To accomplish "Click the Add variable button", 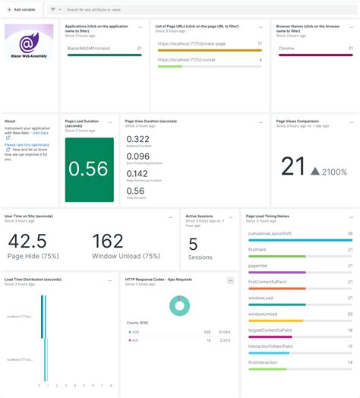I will point(22,10).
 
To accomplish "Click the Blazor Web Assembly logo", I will point(30,43).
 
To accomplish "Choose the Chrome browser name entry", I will point(286,48).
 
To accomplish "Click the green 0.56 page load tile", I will point(89,170).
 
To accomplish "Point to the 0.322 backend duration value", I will point(137,139).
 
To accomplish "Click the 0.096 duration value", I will point(137,156).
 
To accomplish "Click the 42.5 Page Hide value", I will point(27,241).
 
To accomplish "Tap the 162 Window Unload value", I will point(108,241).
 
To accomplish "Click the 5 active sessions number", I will point(193,244).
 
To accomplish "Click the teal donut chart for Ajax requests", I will point(179,305).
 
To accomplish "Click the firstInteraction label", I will point(262,362).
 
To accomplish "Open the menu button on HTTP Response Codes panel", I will point(230,280).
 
